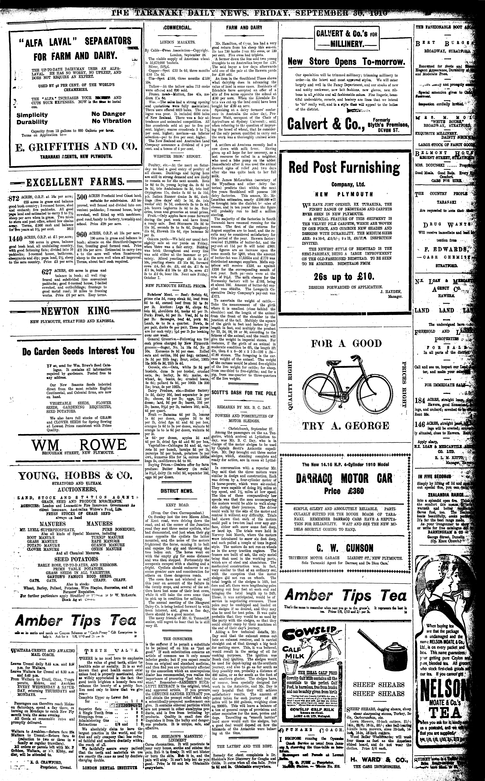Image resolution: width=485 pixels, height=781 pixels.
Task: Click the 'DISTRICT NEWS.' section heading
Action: click(177, 491)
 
